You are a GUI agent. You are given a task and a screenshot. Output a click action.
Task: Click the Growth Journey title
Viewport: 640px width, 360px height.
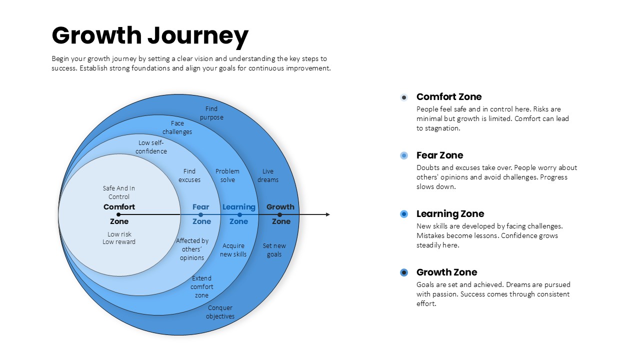pos(150,36)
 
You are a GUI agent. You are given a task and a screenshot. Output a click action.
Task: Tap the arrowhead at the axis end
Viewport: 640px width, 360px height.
pos(327,214)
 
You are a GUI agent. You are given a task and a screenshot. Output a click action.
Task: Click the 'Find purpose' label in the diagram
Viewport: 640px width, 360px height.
pos(211,113)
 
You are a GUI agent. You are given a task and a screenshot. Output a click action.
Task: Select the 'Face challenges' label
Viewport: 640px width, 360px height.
pos(177,127)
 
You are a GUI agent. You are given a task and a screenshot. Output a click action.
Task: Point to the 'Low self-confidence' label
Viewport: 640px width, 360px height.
pos(151,147)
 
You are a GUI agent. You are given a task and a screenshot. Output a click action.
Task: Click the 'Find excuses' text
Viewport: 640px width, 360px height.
pos(189,175)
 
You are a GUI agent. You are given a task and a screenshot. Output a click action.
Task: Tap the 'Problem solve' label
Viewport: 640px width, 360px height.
pos(227,175)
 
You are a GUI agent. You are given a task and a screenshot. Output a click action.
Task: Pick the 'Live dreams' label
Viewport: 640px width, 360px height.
pos(267,175)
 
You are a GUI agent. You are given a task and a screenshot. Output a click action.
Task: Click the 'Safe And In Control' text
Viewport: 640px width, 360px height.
pos(119,192)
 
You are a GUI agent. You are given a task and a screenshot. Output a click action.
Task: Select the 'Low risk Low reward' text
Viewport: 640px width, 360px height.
pos(119,238)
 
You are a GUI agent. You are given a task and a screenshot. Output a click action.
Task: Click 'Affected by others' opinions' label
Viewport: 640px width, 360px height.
pos(192,249)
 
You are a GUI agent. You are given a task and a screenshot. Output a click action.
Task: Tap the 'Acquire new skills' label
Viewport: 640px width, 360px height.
pos(233,250)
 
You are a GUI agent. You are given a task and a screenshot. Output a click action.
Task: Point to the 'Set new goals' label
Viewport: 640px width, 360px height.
pos(274,250)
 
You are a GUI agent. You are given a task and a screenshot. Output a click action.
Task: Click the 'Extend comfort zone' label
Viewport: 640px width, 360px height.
pos(201,286)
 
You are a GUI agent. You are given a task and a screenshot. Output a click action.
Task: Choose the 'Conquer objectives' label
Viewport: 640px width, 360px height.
pos(220,312)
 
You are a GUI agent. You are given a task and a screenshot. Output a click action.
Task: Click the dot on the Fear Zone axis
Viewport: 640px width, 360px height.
pos(200,215)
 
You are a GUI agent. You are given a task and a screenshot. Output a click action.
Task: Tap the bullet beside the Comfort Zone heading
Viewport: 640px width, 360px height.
pos(404,97)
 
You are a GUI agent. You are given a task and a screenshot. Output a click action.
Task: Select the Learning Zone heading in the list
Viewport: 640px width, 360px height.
pos(450,213)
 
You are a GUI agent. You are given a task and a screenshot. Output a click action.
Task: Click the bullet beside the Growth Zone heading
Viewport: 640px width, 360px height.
pos(404,272)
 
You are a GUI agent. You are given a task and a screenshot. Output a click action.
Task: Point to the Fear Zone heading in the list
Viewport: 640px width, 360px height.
pos(439,155)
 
